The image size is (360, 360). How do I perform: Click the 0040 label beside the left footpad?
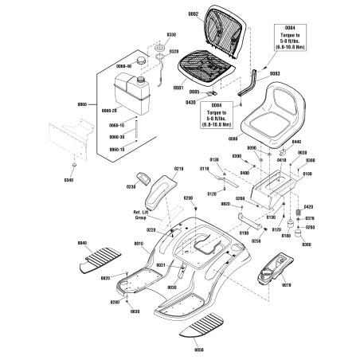coord(82,242)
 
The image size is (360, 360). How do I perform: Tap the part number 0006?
coord(233,139)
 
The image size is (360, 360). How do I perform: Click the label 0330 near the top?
coord(170,35)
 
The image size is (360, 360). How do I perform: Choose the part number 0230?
coord(128,186)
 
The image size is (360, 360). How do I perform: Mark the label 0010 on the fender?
coord(138,244)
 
